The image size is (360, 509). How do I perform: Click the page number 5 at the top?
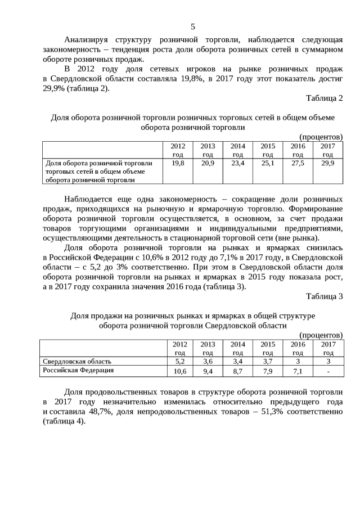(x=193, y=26)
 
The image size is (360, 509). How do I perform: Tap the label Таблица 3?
(x=324, y=296)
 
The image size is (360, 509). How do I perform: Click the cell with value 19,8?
(x=178, y=163)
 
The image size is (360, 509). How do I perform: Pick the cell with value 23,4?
(x=238, y=163)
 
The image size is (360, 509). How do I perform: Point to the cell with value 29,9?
(x=327, y=163)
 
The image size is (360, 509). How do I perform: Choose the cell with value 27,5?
(x=298, y=163)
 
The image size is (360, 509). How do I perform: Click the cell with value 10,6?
(x=180, y=371)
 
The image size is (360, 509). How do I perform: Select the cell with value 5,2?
(x=180, y=361)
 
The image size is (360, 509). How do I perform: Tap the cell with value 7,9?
(x=268, y=371)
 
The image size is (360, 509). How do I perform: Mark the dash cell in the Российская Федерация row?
(x=328, y=371)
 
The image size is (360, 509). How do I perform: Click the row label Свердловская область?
(x=77, y=361)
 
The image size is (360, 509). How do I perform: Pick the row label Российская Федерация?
(x=78, y=371)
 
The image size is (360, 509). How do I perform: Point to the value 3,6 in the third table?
(x=208, y=361)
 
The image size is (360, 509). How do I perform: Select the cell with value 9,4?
(x=208, y=371)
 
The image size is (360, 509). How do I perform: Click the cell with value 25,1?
(x=268, y=163)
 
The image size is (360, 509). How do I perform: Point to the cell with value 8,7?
(x=237, y=371)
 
